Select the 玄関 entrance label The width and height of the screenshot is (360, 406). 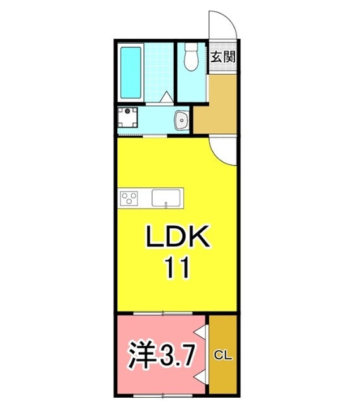point(223,56)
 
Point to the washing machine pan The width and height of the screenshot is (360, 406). point(127,119)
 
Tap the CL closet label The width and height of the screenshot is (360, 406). point(222,355)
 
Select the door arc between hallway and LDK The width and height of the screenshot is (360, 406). point(223,149)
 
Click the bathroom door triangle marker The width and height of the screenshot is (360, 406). point(166,98)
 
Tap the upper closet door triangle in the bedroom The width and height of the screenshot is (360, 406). point(202,332)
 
